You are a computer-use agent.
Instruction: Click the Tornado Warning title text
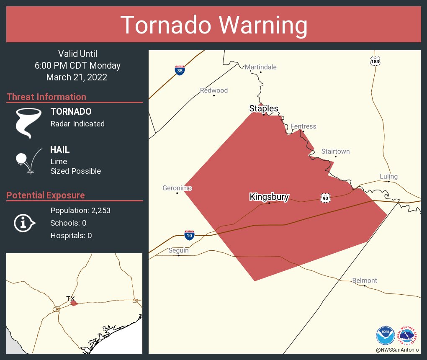point(213,25)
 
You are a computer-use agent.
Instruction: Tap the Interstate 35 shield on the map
point(180,70)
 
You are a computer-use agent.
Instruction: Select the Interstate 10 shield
point(189,235)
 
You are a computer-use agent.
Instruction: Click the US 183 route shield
point(375,61)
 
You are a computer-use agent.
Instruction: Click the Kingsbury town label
point(269,197)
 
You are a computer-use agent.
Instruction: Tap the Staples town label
point(264,108)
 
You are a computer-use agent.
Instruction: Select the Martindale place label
point(260,67)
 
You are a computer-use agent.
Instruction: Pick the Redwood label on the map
point(213,90)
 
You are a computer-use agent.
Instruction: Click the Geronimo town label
point(177,188)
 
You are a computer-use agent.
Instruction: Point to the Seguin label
point(178,250)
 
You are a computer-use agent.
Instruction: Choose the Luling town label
point(388,176)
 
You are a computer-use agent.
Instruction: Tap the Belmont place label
point(364,280)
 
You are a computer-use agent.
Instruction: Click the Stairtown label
point(335,152)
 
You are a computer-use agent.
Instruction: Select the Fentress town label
point(303,126)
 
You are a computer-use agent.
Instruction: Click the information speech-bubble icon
point(24,223)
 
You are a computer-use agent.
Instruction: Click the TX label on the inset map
point(70,298)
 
